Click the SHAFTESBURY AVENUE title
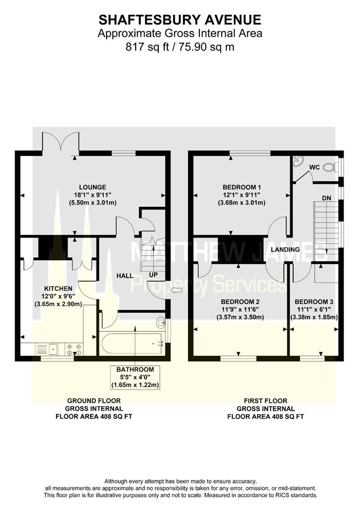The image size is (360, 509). tap(180, 20)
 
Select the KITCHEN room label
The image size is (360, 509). tap(58, 288)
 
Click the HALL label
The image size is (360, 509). tap(124, 275)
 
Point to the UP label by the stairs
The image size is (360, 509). tap(153, 274)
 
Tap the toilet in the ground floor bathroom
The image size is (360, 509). tap(161, 323)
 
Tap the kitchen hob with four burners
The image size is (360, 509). tap(74, 349)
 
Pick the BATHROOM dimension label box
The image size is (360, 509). tap(135, 377)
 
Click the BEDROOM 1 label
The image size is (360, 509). tap(241, 187)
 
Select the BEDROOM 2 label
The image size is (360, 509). tap(241, 302)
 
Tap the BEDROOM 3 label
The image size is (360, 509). tap(314, 302)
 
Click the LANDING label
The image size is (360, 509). tap(285, 249)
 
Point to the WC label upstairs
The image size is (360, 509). tap(315, 167)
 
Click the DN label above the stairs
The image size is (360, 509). tap(326, 198)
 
